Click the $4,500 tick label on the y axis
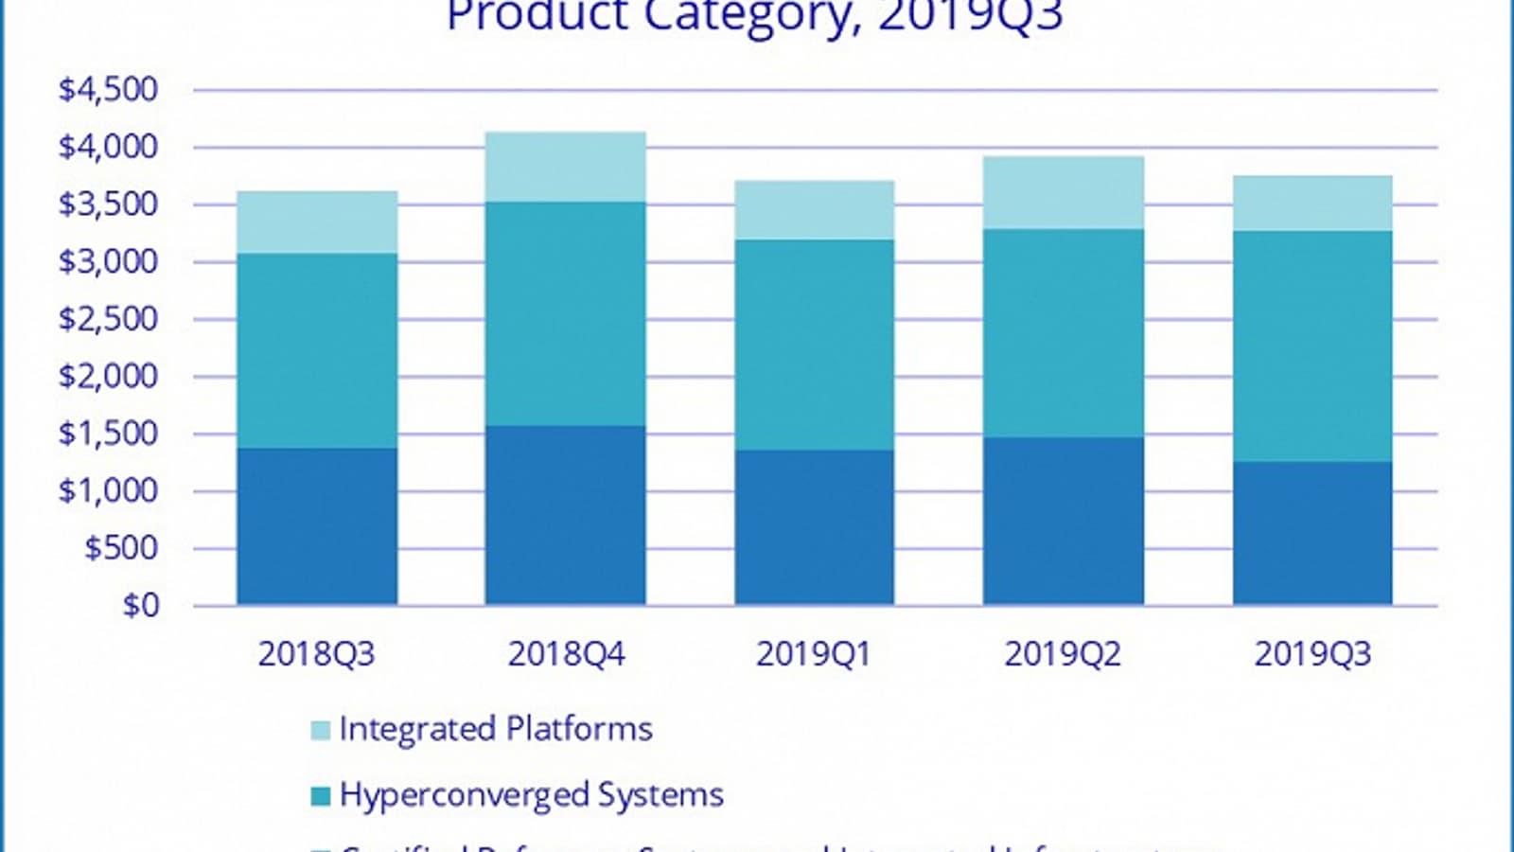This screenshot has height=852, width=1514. [108, 90]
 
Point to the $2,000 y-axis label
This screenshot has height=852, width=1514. [108, 377]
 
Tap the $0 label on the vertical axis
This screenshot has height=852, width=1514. [141, 606]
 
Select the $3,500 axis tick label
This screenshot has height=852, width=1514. [108, 204]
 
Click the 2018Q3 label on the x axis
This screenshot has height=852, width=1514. [316, 654]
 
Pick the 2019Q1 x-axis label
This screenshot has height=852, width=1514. [813, 654]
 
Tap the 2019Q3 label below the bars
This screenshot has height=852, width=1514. [1312, 654]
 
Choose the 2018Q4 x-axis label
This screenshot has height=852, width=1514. [566, 654]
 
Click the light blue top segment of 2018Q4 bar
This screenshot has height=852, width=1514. [566, 167]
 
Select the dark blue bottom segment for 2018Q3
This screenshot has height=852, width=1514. [317, 526]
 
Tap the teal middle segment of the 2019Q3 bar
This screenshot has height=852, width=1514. [1312, 346]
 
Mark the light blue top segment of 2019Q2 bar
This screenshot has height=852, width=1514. [1064, 193]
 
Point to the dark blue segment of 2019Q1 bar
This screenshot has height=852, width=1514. [815, 527]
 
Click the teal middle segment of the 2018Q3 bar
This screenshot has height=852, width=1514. [317, 351]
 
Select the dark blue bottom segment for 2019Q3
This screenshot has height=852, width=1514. [1312, 533]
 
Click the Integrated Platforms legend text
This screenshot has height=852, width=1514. [496, 729]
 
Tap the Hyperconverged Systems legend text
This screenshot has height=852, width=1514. [531, 795]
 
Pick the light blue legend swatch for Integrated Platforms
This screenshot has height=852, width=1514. [321, 731]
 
